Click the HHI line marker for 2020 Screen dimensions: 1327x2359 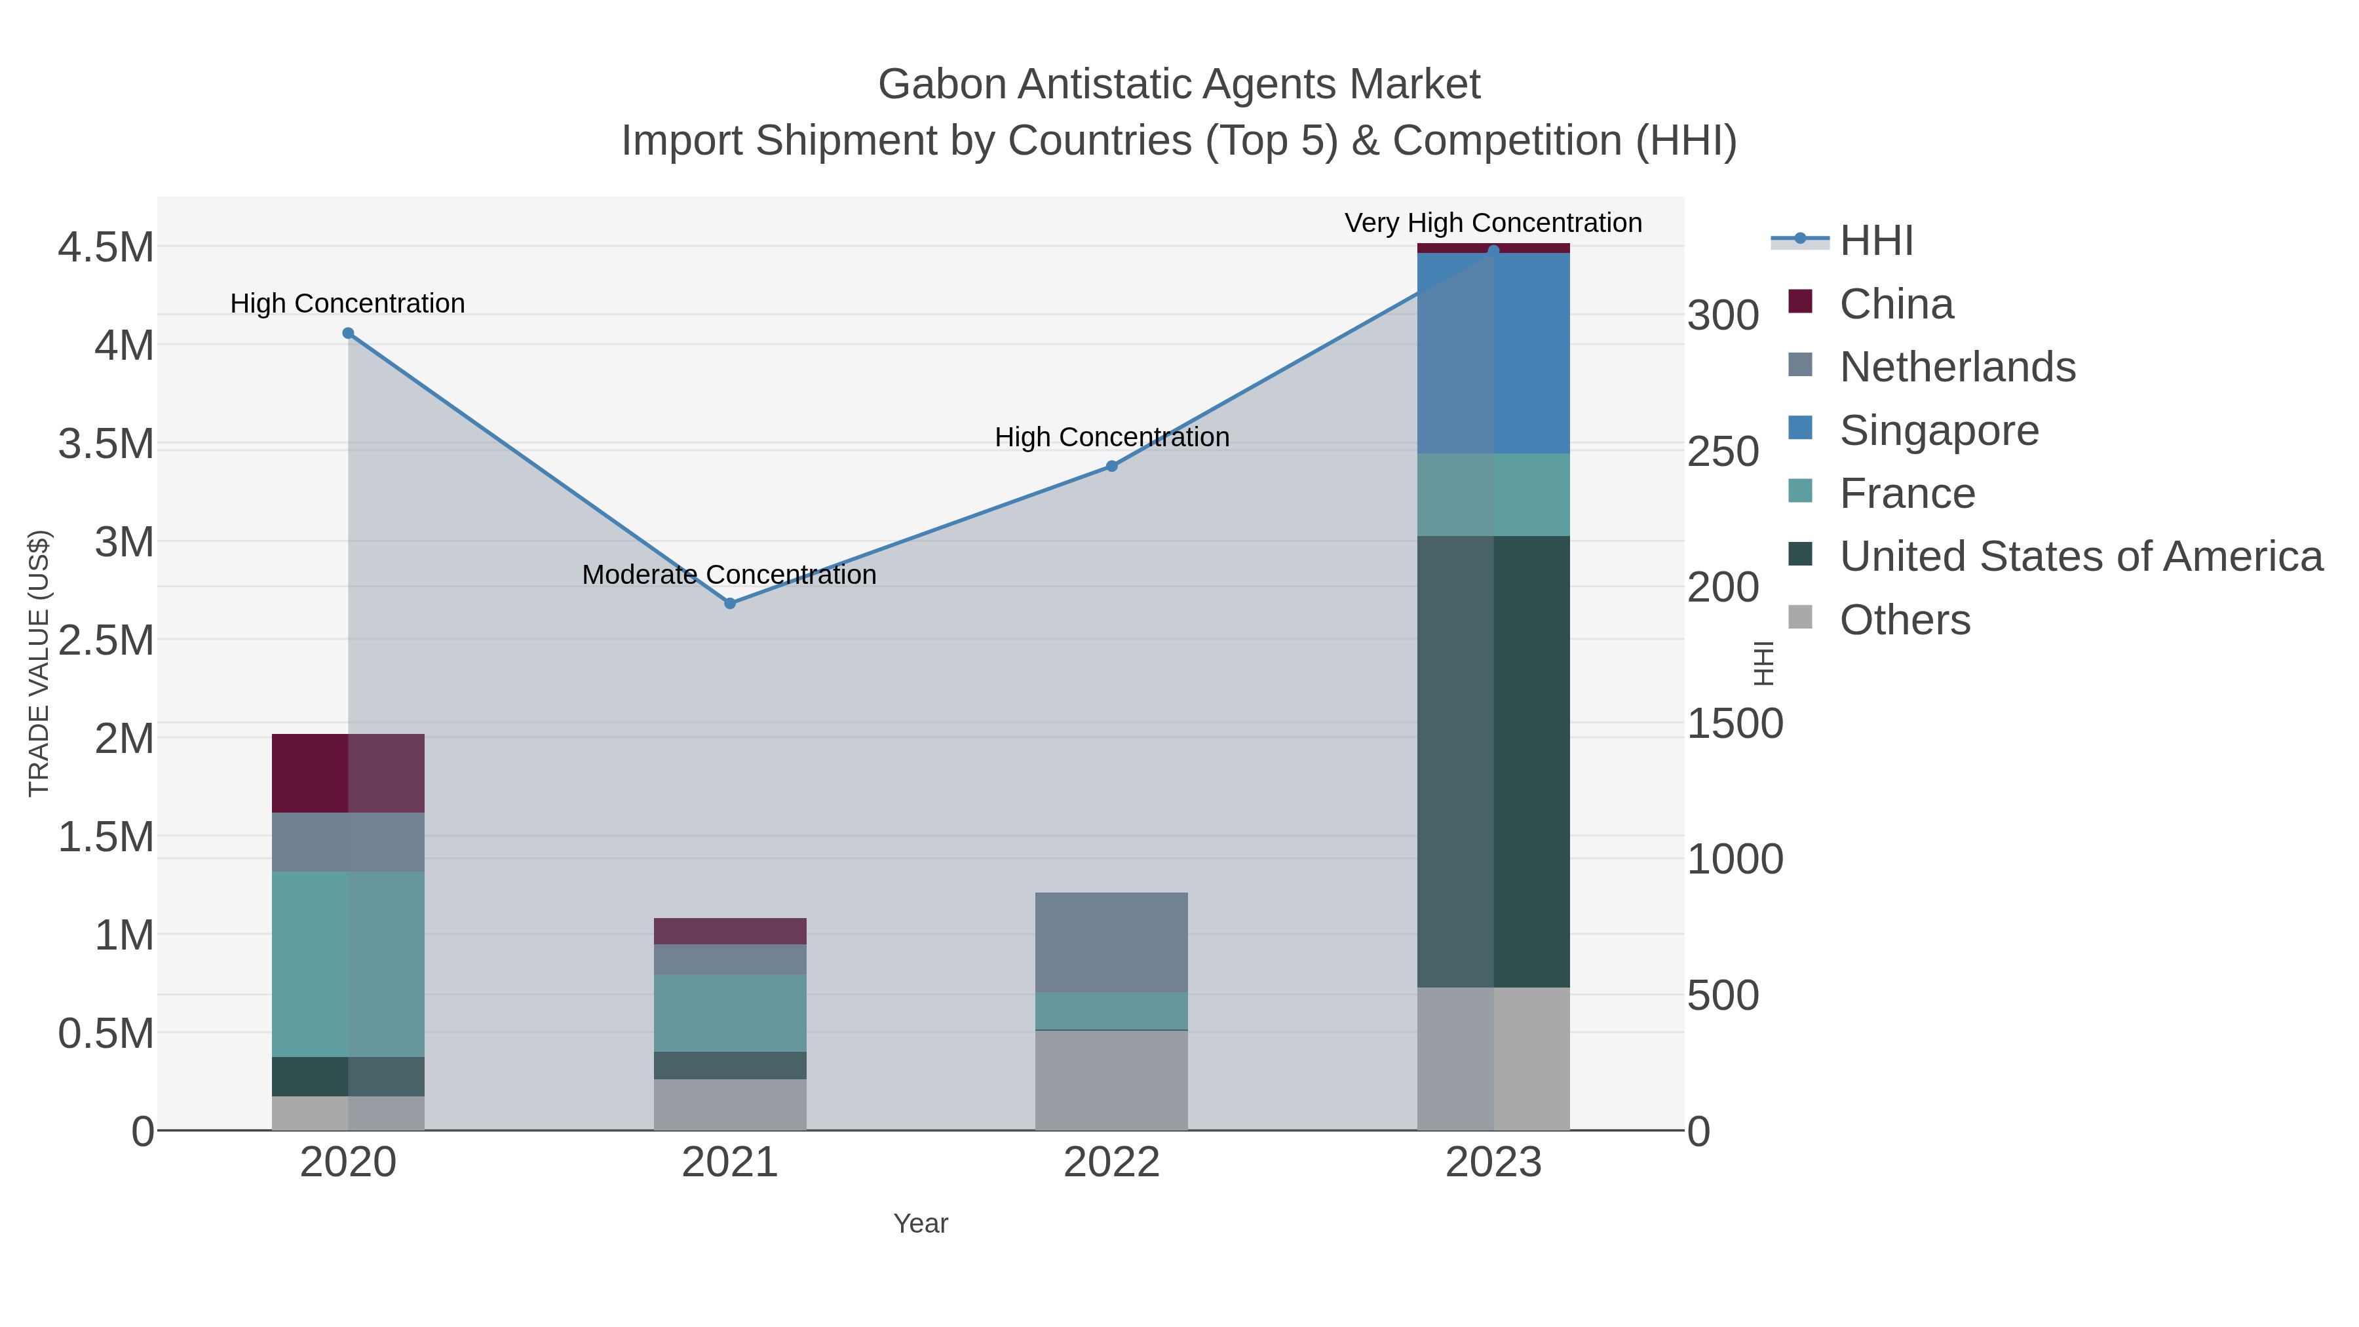point(348,334)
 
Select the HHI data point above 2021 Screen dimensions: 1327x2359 point(730,604)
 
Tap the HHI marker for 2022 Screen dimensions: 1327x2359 point(1112,466)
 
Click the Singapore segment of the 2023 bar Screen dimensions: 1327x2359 point(1493,353)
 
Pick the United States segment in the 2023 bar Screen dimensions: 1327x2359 point(1493,760)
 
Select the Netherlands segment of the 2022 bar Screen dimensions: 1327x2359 point(1112,942)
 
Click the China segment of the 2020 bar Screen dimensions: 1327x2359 point(348,773)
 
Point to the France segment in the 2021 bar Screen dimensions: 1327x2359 point(730,1013)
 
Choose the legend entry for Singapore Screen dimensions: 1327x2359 point(1939,431)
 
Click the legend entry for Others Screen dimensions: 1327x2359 point(1905,620)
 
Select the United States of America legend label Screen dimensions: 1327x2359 point(2081,557)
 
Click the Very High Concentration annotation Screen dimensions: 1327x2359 point(1493,223)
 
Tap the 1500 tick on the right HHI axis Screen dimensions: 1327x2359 point(1735,723)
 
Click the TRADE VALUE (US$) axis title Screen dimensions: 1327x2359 point(39,663)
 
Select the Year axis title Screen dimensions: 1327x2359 point(921,1223)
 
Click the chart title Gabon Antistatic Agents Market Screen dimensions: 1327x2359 point(1179,85)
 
